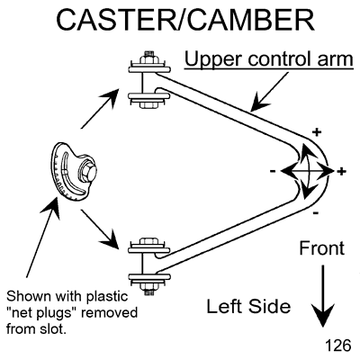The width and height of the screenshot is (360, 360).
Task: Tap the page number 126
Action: tap(337, 346)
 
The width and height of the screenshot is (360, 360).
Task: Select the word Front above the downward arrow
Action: tap(322, 248)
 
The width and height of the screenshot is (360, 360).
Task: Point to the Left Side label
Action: tap(248, 306)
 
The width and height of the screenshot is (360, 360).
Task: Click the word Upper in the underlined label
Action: tap(213, 58)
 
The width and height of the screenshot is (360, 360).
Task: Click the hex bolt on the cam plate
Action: tap(87, 172)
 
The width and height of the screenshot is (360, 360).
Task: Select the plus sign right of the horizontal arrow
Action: tap(341, 171)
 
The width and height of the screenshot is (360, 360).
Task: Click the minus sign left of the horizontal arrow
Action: tap(273, 171)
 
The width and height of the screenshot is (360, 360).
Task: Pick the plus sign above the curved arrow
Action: tap(317, 131)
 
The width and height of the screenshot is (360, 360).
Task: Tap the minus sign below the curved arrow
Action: tap(315, 213)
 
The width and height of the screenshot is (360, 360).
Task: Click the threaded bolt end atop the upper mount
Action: tap(148, 57)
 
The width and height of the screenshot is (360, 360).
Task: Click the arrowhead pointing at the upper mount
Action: tap(111, 96)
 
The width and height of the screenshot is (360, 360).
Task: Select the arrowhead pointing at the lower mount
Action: tap(112, 239)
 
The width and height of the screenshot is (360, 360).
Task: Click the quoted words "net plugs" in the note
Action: tap(41, 313)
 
